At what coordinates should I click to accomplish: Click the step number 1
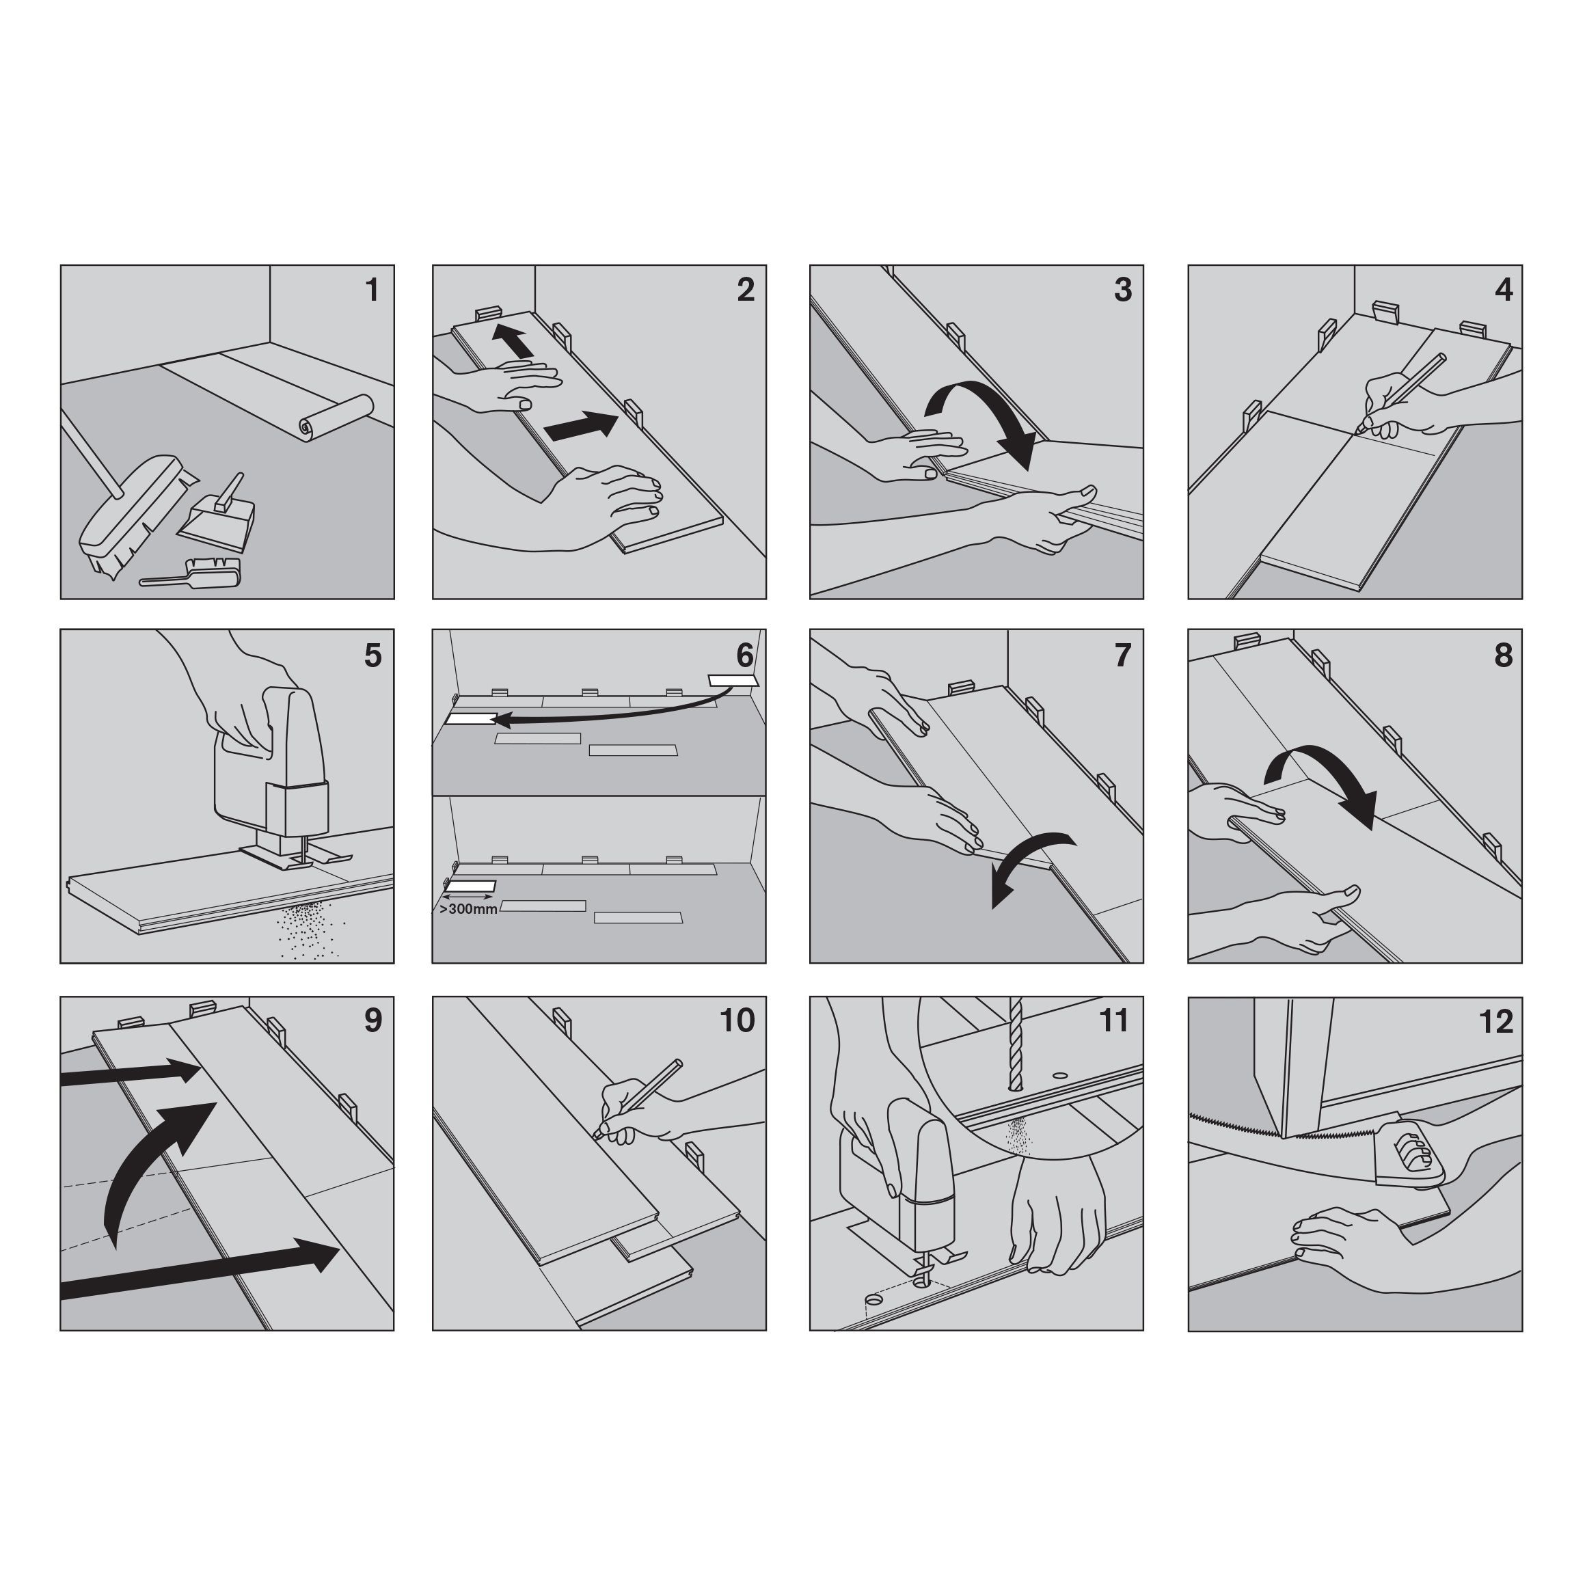372,290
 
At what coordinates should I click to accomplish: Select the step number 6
744,655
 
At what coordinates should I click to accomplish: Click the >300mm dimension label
468,909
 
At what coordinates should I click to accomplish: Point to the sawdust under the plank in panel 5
312,928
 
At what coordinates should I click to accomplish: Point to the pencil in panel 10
639,1098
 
